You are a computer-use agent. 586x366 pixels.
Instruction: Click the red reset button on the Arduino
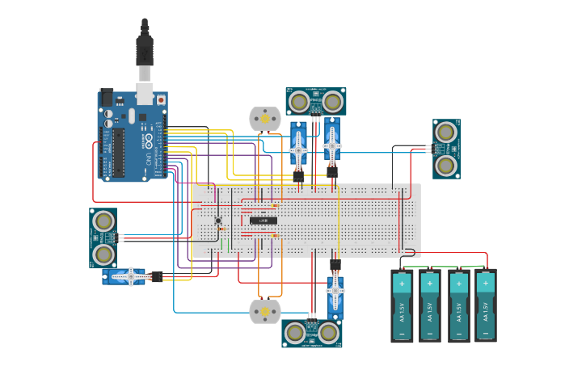point(161,99)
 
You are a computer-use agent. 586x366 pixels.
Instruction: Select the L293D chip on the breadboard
point(263,220)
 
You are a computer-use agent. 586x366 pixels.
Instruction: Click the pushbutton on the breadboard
point(218,221)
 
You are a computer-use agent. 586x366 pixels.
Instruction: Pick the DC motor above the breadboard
point(263,118)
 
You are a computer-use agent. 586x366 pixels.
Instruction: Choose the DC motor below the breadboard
point(263,311)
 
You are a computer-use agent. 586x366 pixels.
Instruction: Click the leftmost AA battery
point(402,306)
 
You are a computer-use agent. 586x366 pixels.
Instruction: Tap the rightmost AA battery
point(485,306)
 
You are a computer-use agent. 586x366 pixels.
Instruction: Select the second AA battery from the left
point(430,306)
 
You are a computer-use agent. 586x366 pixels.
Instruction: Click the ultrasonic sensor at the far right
point(446,149)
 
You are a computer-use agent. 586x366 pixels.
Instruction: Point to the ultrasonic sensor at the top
point(315,102)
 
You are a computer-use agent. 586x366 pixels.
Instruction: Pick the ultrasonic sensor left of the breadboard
point(103,238)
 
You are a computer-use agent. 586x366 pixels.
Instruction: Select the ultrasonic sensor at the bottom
point(311,333)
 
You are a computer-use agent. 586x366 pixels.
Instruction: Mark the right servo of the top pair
point(332,144)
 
